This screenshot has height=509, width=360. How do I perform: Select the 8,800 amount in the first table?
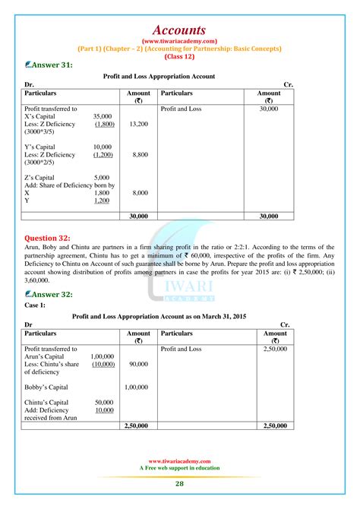(x=140, y=154)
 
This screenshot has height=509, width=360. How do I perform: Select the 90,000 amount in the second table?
(x=138, y=364)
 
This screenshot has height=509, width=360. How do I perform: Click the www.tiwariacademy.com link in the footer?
(x=179, y=460)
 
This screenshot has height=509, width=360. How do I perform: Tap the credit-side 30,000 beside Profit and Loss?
(x=268, y=109)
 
